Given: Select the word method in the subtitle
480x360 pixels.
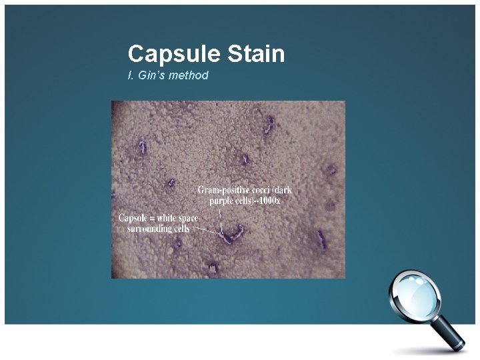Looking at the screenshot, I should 189,75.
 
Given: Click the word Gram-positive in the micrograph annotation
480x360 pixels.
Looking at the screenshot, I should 226,190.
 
